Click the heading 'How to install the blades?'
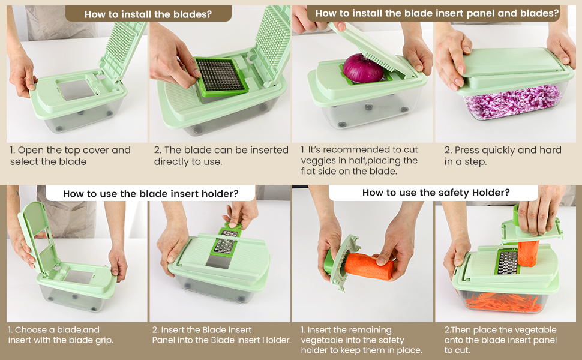click(148, 14)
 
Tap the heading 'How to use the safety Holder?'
click(436, 193)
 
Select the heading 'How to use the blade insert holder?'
click(151, 193)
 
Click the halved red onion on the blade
click(362, 68)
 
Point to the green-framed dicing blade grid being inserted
click(221, 77)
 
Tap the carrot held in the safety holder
click(368, 266)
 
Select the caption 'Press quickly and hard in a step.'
click(503, 156)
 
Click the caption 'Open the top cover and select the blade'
click(70, 156)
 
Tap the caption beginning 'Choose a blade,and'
click(61, 335)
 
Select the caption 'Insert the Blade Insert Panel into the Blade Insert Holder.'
click(221, 335)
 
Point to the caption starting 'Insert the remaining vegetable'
click(361, 340)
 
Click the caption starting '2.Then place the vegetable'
click(500, 340)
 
